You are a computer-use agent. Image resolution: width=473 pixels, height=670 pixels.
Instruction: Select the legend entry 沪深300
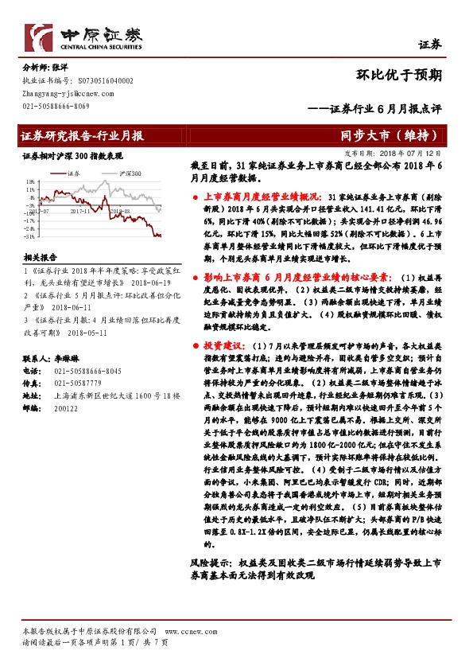[130, 173]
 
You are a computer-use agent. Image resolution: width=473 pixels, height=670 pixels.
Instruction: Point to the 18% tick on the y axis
[29, 181]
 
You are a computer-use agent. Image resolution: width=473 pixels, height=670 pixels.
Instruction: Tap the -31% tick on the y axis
[29, 237]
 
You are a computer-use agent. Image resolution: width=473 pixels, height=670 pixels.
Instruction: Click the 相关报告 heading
[39, 258]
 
